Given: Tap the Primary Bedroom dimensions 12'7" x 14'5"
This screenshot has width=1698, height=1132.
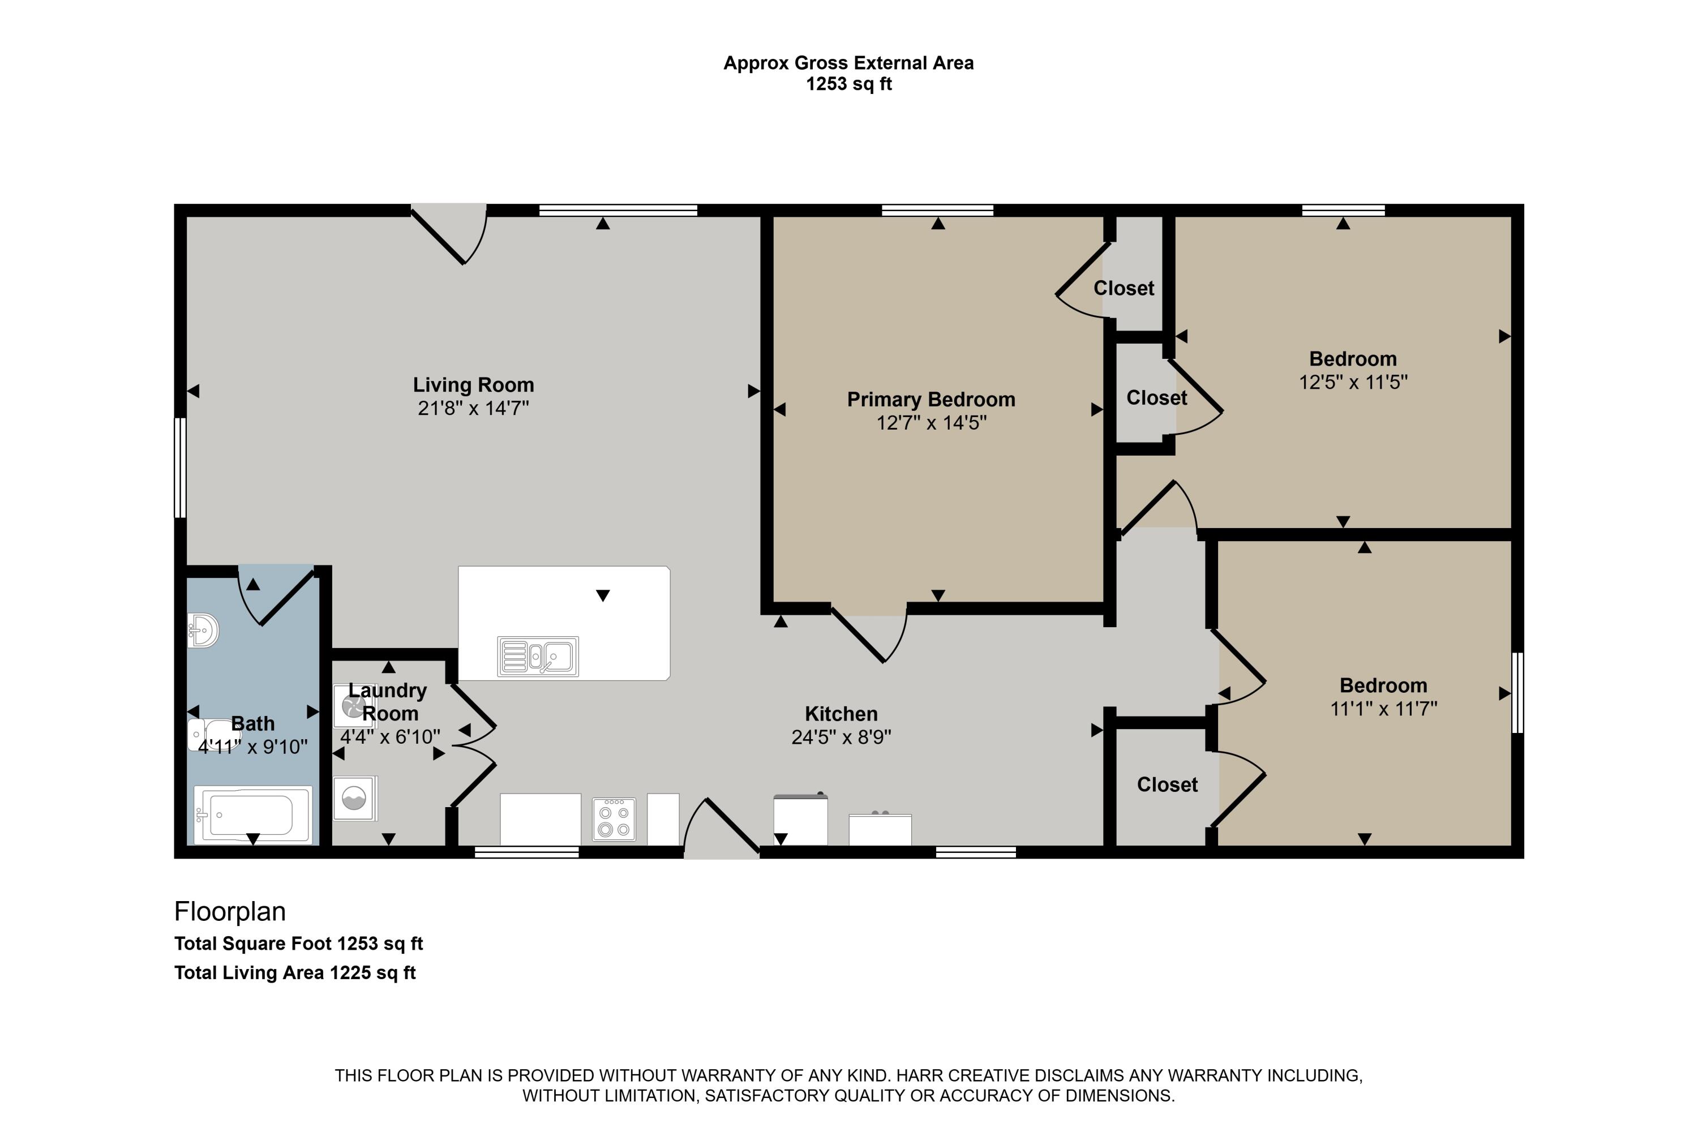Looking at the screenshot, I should click(931, 423).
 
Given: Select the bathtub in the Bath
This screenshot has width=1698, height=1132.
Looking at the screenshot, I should click(252, 814).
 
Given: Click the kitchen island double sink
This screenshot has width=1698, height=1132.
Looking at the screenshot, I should click(538, 656).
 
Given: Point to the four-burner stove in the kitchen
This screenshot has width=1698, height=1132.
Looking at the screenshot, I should click(614, 820).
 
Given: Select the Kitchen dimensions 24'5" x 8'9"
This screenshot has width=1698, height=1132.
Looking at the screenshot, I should click(841, 737).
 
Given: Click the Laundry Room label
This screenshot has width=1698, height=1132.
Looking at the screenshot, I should click(388, 702).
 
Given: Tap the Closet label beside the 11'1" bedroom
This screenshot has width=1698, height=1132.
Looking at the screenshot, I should click(1167, 784).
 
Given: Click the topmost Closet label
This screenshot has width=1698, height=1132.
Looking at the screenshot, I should click(1124, 288).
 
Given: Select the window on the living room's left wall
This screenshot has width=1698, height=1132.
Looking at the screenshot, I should click(181, 468).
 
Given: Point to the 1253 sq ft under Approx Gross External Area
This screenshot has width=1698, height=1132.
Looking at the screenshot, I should click(848, 84).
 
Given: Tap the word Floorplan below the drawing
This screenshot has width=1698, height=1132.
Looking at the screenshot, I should click(230, 912).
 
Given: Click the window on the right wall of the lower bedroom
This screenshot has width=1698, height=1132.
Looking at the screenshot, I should click(1517, 692).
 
